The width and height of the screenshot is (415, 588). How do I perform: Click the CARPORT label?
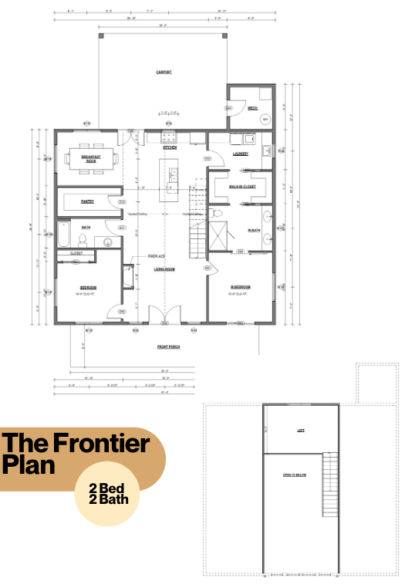tap(164, 72)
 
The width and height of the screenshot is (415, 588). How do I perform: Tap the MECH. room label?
tap(251, 108)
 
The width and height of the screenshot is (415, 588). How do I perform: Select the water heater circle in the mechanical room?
tap(265, 120)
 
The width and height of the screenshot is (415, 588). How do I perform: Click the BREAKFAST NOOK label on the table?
tap(91, 157)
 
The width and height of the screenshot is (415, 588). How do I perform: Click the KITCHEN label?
tap(170, 147)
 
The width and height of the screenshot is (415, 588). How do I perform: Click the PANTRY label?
tap(87, 201)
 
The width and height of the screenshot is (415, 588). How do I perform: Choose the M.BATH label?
tap(253, 231)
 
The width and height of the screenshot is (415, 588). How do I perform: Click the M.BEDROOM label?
tap(240, 287)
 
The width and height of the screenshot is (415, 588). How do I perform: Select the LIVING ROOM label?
tap(164, 269)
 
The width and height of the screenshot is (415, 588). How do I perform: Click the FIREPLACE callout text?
tap(158, 255)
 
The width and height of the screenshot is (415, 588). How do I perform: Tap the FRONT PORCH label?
tap(168, 347)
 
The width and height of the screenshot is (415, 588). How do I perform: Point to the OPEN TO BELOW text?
tap(295, 475)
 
